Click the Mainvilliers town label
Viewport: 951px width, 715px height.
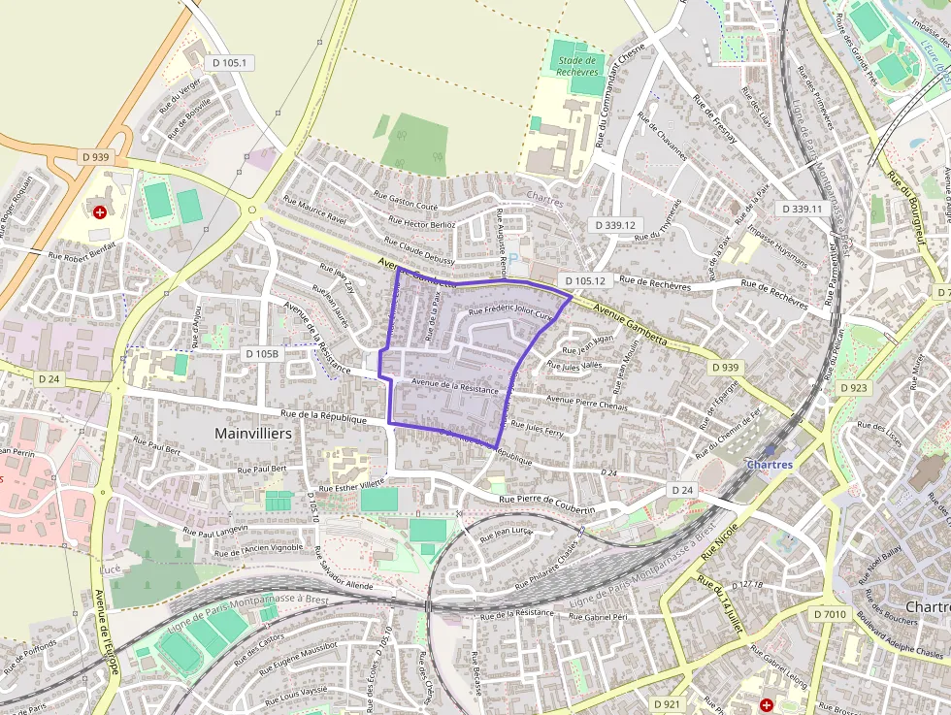point(252,434)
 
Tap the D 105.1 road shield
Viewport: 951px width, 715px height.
point(230,63)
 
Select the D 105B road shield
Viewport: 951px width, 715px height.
point(262,354)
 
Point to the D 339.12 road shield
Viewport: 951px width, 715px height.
point(615,225)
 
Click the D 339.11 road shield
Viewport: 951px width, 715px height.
point(802,209)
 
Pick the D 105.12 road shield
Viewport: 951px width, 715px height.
point(583,281)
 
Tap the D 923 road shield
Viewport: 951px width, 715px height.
point(853,388)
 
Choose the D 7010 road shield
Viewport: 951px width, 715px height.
point(830,614)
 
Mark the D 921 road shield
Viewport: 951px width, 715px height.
point(667,703)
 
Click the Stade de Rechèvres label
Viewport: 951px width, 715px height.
point(576,66)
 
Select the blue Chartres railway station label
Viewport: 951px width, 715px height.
point(769,465)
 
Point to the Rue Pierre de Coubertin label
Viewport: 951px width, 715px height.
point(560,503)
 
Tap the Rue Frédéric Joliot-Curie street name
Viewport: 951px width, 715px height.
point(510,313)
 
